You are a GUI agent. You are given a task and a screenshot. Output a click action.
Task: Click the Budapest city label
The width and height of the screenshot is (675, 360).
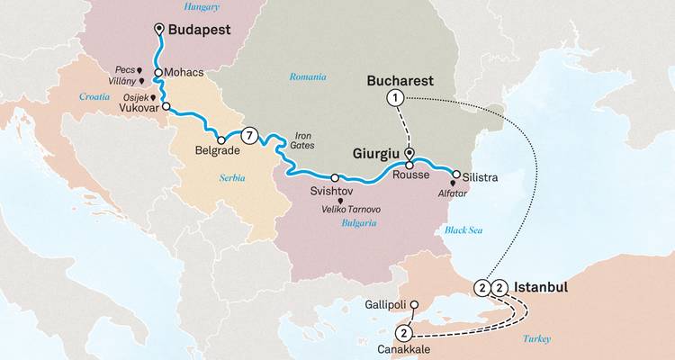[x=200, y=30]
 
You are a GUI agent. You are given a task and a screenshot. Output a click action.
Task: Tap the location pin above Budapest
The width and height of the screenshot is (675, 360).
[x=159, y=30]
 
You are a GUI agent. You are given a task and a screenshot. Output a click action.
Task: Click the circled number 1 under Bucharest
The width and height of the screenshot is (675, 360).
[x=393, y=97]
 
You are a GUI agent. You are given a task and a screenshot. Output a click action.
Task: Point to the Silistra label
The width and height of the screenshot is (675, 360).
[x=481, y=176]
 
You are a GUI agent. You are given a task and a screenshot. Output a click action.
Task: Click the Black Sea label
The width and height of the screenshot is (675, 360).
[x=463, y=230]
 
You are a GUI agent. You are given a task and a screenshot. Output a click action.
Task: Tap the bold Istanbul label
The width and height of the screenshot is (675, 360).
[x=542, y=287]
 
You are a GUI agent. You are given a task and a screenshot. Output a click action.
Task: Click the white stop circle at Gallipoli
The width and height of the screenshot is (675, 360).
[x=413, y=305]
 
